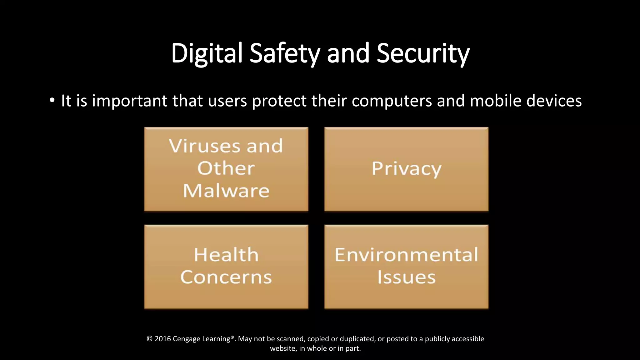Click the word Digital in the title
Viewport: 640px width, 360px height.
(207, 53)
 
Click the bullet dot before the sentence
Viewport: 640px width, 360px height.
(52, 101)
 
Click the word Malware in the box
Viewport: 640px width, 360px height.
(226, 191)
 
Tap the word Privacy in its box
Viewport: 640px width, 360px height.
(406, 169)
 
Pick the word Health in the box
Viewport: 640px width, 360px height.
(226, 255)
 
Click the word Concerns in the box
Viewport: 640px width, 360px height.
(226, 277)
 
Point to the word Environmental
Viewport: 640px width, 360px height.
(406, 255)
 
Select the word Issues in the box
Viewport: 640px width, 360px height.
(406, 277)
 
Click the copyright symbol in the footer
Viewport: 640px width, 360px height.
(149, 339)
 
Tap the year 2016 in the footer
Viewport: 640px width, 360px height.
(162, 339)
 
